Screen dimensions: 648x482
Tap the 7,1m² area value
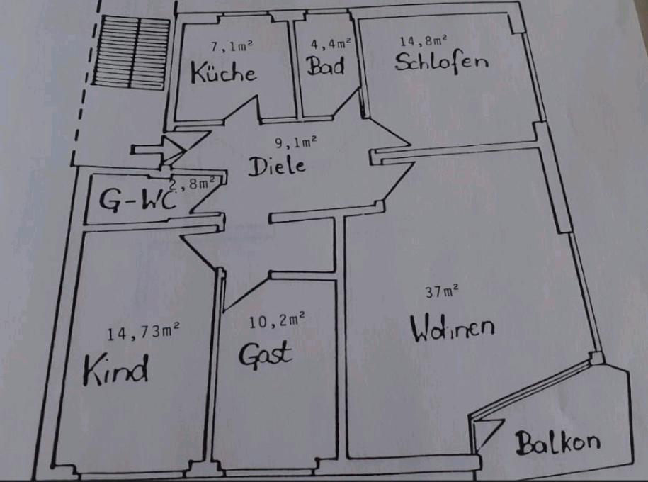tap(232, 46)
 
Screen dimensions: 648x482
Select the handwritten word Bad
tap(325, 65)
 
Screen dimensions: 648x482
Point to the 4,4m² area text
tap(331, 43)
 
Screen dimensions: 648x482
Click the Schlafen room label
tap(441, 62)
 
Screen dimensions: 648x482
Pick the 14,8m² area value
tap(424, 40)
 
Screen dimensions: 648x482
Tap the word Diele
tap(277, 166)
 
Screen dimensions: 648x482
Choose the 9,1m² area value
tap(296, 142)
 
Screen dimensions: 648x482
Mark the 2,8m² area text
tap(194, 184)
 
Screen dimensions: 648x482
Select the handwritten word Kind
tap(115, 369)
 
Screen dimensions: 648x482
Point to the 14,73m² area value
tap(143, 332)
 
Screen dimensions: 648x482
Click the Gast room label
tap(266, 354)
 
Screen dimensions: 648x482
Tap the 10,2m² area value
tap(277, 320)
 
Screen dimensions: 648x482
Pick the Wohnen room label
tap(453, 327)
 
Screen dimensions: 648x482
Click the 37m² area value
tap(442, 291)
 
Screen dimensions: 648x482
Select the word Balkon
tap(558, 443)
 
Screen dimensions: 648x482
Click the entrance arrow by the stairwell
tap(158, 150)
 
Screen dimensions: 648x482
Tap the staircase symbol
tap(132, 52)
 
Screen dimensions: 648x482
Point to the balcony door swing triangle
tap(489, 435)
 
